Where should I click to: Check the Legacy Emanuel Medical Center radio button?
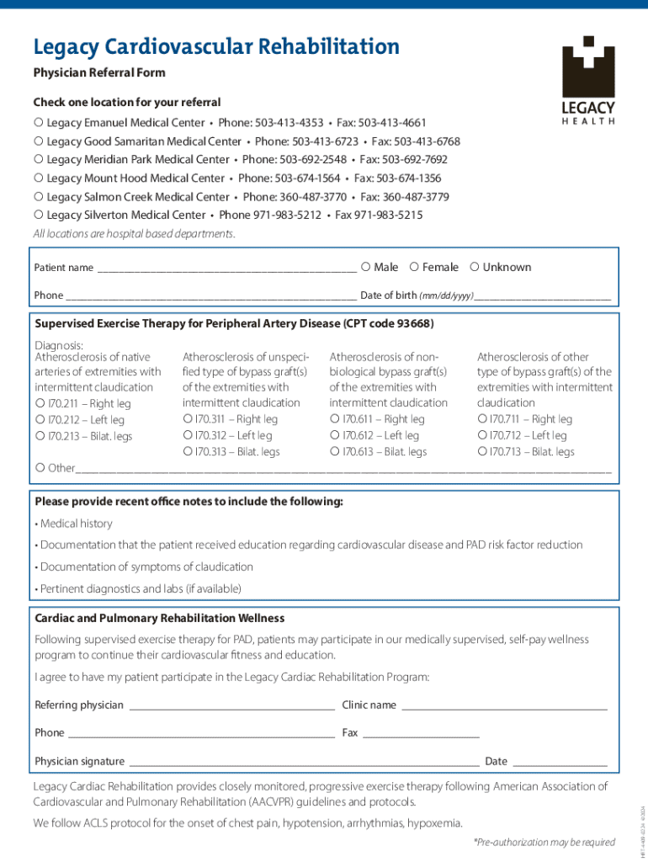tap(39, 122)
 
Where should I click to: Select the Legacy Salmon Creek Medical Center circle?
tap(39, 196)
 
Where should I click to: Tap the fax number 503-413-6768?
tap(427, 141)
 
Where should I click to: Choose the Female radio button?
tap(414, 267)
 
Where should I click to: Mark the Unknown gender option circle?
tap(475, 267)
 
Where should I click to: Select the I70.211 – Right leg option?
tap(40, 403)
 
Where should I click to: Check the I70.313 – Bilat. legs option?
tap(187, 451)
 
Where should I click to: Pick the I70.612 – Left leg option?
tap(335, 435)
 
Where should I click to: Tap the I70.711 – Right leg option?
tap(482, 419)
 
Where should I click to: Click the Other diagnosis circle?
tap(40, 467)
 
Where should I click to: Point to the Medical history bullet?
tap(73, 524)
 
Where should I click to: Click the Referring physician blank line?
tap(231, 707)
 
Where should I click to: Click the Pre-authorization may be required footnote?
tap(544, 842)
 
